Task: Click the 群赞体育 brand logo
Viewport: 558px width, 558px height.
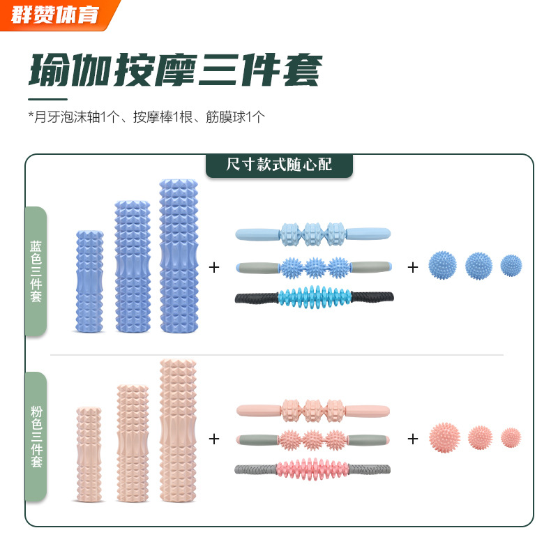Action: [x=56, y=14]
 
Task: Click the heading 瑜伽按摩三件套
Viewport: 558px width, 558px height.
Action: [x=174, y=69]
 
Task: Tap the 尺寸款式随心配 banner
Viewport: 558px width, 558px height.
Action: [x=279, y=165]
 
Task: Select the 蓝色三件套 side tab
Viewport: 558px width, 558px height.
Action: [x=36, y=272]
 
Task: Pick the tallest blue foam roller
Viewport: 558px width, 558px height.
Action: [x=179, y=255]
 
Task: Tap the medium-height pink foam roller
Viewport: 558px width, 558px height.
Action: [x=133, y=443]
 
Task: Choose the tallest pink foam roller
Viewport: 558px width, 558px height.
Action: [x=179, y=430]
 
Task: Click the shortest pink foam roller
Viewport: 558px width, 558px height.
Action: [x=89, y=454]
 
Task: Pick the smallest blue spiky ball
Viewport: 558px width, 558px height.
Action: [x=511, y=265]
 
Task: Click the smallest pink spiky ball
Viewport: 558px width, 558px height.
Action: [x=511, y=437]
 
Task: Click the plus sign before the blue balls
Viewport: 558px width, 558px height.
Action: [x=413, y=266]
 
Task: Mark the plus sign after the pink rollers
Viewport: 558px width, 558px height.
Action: [x=214, y=439]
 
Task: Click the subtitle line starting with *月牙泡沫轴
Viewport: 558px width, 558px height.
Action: [x=146, y=116]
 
